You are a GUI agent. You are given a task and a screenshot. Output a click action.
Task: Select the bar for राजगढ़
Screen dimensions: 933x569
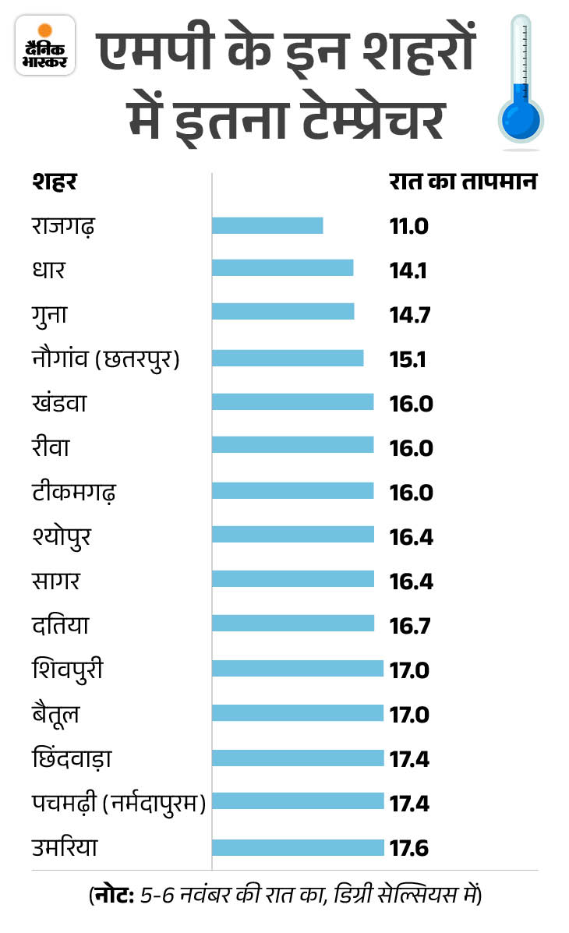267,225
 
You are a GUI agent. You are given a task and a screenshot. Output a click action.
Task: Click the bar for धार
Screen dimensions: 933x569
282,269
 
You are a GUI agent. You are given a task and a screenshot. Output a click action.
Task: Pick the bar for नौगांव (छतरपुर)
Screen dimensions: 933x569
288,358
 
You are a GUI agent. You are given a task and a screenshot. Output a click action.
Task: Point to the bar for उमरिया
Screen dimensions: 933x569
298,847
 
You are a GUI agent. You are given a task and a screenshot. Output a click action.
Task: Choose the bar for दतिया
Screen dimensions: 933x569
292,624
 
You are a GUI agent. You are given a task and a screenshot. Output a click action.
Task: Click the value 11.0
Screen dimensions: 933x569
409,227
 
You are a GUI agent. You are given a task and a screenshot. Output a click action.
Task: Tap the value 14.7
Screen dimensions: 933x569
409,315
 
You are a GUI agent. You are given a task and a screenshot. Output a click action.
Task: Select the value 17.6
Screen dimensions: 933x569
410,848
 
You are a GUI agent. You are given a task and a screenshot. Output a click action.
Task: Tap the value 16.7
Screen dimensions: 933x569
410,626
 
